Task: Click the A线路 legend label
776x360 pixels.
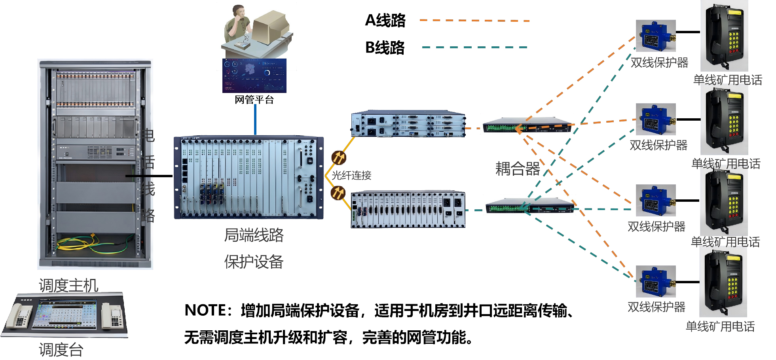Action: pos(385,21)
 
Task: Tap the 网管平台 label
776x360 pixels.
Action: pos(254,100)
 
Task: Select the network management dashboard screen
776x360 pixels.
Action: pos(254,75)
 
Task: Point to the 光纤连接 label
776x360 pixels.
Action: pos(351,175)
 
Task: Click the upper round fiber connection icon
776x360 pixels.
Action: pos(339,157)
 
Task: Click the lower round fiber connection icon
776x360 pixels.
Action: pos(338,193)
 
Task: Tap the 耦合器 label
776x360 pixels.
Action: pos(517,169)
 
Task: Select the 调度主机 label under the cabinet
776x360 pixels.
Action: pos(68,285)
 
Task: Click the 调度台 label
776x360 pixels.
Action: pos(61,350)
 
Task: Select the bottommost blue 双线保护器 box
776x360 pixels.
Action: pos(655,281)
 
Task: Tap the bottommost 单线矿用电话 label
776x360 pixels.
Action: pos(720,326)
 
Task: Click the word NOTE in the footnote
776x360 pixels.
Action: pos(204,311)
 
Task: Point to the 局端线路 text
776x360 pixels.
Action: pos(254,235)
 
